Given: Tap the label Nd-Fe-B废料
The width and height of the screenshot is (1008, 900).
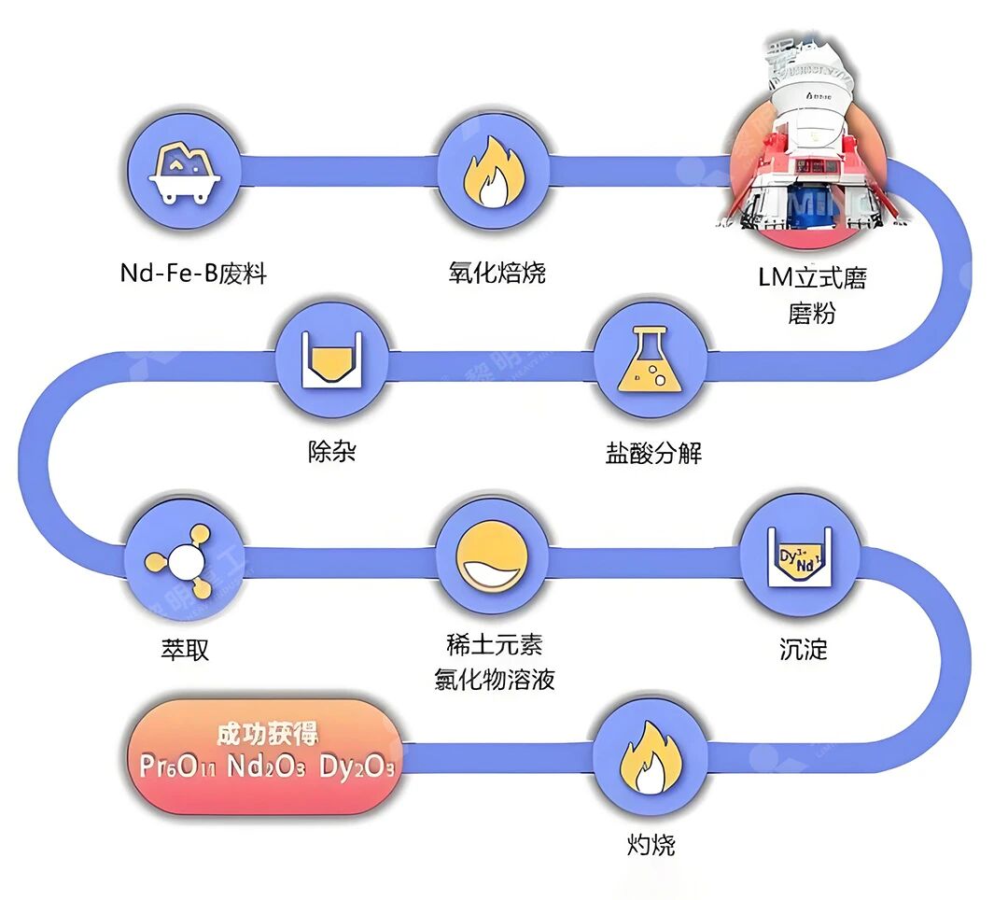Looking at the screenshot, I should pyautogui.click(x=193, y=274).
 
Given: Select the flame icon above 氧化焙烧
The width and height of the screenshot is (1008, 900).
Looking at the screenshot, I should pyautogui.click(x=495, y=173).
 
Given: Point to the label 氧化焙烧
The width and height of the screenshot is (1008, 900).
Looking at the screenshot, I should pyautogui.click(x=496, y=273).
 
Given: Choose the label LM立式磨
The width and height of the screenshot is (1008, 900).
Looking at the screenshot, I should pyautogui.click(x=811, y=278).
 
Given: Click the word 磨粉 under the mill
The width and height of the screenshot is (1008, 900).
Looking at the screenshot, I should pyautogui.click(x=811, y=313).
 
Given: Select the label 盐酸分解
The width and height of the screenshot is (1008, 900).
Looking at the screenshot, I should pyautogui.click(x=653, y=454).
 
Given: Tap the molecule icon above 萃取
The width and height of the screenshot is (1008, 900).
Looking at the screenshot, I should pyautogui.click(x=183, y=561).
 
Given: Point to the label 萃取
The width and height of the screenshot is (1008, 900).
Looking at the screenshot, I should pyautogui.click(x=184, y=649).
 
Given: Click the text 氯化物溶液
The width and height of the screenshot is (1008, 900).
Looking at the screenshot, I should pyautogui.click(x=495, y=680).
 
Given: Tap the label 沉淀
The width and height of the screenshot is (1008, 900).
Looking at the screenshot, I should pyautogui.click(x=803, y=649).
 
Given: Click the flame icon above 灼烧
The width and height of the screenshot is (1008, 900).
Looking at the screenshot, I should pyautogui.click(x=651, y=755).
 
